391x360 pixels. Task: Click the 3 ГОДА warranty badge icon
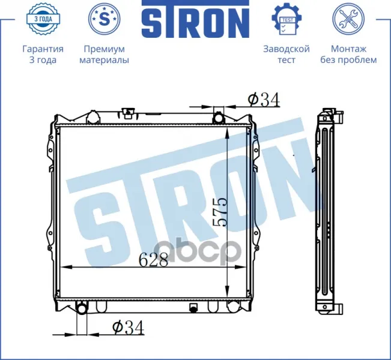pos(43,19)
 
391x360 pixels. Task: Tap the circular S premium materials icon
pos(105,19)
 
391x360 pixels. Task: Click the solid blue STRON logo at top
pos(196,19)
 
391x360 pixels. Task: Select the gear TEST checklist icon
pos(286,19)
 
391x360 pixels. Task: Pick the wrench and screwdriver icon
pos(348,19)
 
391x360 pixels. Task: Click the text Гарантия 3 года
pos(43,55)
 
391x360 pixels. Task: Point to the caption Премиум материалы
pos(105,55)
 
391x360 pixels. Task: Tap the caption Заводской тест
pos(286,55)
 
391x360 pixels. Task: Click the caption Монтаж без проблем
pos(348,55)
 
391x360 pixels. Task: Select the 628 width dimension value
pos(153,259)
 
